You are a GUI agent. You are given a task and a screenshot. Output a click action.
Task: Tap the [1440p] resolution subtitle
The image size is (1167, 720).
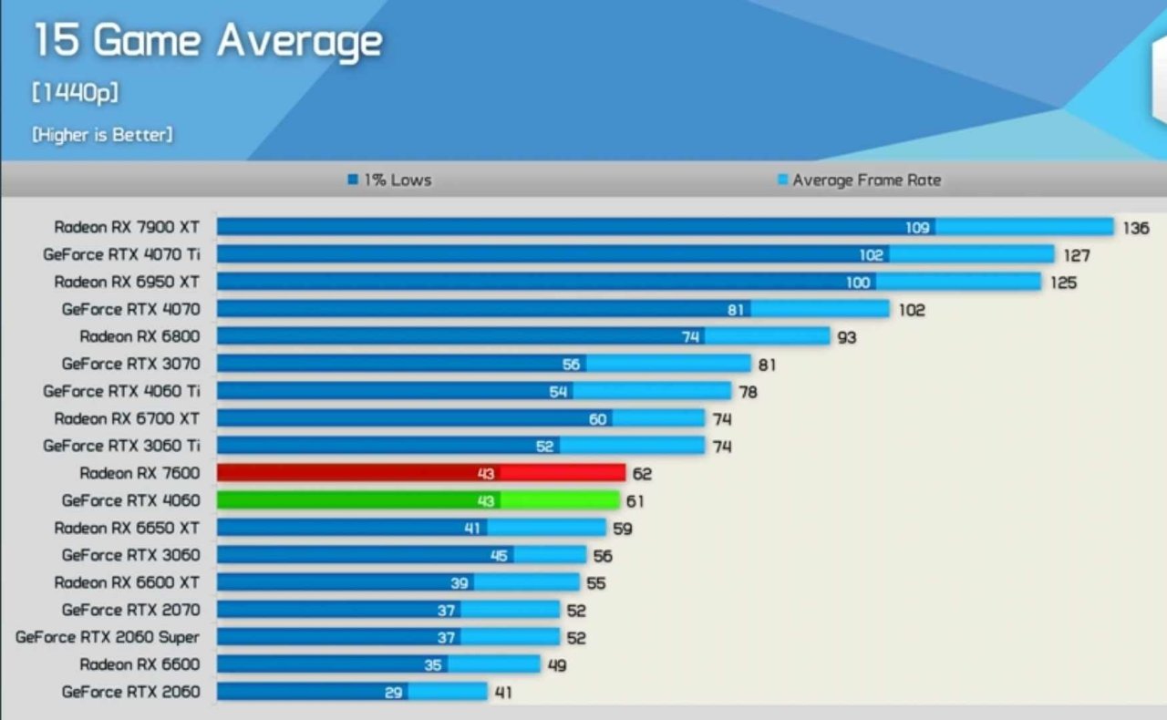coord(76,93)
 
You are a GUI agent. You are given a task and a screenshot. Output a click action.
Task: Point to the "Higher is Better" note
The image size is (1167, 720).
coord(102,135)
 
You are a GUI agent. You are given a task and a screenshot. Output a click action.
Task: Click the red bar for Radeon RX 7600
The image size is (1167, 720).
coord(421,473)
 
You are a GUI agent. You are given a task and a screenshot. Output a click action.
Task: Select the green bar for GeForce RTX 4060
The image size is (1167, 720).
coord(418,500)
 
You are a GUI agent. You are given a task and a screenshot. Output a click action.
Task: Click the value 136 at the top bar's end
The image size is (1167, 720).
coord(1135,228)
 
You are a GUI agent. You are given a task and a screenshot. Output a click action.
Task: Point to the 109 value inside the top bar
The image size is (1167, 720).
coord(917,228)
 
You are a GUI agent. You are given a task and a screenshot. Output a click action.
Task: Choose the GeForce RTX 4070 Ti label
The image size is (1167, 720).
coord(120,254)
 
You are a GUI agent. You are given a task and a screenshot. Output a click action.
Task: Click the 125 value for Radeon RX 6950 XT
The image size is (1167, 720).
coord(1063,283)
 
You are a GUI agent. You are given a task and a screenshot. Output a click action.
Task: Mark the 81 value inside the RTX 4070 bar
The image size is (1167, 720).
coord(736,310)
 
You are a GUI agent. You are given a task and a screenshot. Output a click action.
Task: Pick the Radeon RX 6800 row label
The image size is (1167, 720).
coord(139,336)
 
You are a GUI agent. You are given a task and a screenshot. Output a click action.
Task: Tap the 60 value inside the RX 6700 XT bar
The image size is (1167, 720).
coord(597,419)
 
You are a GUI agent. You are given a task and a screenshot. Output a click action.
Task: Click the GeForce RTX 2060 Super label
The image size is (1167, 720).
coord(107,637)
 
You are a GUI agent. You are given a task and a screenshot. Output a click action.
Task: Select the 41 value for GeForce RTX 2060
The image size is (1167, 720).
coord(502,693)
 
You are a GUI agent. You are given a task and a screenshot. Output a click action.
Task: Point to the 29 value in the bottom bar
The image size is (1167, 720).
coord(393,693)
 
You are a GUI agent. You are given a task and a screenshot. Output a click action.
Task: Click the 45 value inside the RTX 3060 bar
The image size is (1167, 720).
coord(499,555)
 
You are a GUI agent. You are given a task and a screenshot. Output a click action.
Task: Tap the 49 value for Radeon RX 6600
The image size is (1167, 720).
coord(556,665)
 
